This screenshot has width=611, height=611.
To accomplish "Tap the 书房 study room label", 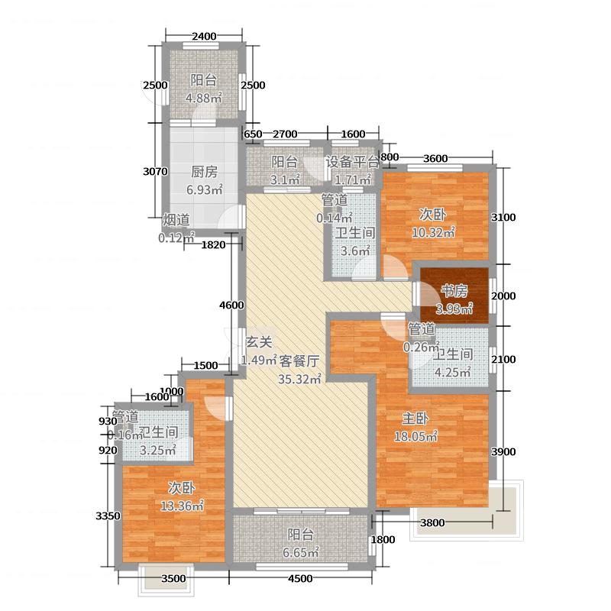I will [454, 291].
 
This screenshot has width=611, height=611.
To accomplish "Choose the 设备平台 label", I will [352, 162].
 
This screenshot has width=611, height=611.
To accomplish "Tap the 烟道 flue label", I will [176, 220].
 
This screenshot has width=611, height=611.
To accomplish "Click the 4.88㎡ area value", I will [205, 97].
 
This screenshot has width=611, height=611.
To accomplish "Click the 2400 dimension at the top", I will [205, 35].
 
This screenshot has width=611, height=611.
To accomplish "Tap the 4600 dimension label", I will [231, 305].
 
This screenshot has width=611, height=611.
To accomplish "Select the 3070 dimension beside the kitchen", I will [155, 172].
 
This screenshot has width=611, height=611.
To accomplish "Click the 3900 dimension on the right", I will [503, 451].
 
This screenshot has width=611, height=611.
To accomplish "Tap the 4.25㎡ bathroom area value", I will [449, 374].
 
